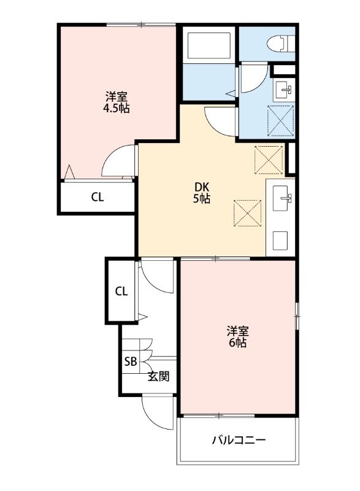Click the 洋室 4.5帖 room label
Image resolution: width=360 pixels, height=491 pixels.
117,102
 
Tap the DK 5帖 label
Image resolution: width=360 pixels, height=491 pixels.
203,193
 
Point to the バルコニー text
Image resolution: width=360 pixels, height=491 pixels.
239,440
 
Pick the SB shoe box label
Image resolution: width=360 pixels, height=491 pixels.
131,361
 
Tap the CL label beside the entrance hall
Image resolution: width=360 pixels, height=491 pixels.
121,291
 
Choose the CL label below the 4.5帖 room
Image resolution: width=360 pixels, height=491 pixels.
98,197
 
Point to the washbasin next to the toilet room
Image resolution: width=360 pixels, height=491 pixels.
284,88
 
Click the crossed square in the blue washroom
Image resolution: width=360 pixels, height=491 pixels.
281,120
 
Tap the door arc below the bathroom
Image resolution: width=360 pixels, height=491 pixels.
219,120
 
